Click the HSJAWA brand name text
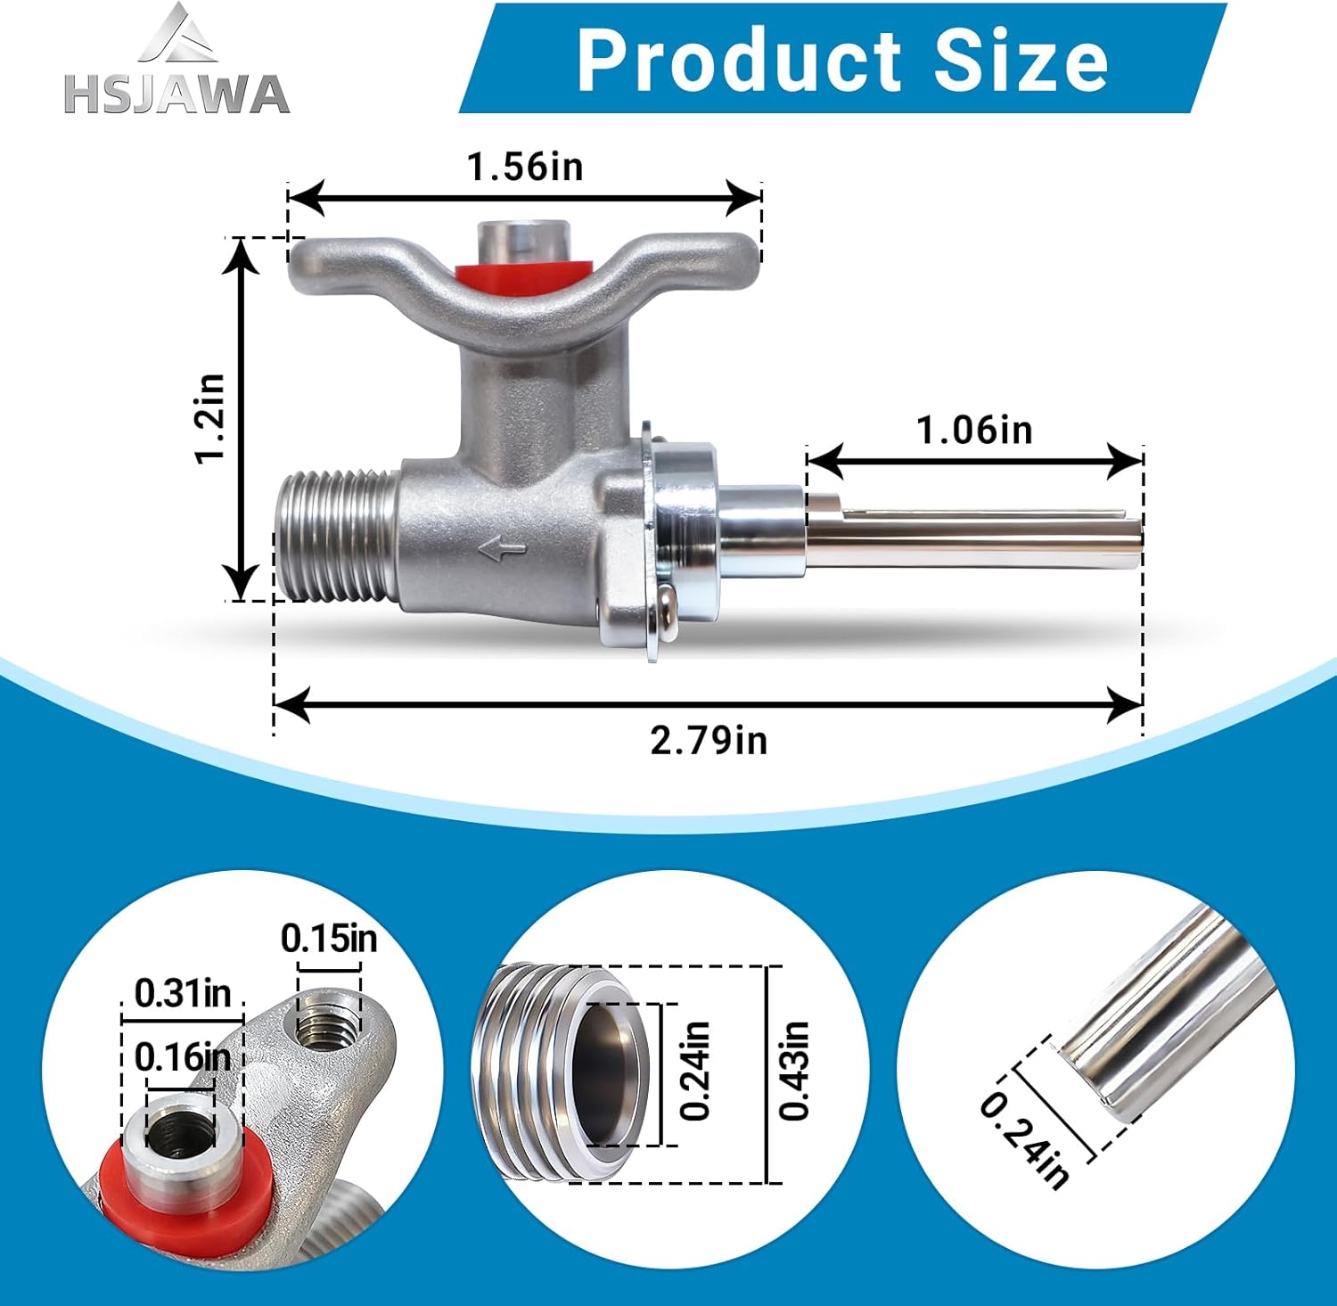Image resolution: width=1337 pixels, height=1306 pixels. (176, 94)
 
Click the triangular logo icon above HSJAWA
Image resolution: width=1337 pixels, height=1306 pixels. (177, 34)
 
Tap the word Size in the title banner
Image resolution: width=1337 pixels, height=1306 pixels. (1021, 60)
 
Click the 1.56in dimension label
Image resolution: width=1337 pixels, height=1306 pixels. (525, 167)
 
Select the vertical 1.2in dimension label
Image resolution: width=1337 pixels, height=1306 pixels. (211, 418)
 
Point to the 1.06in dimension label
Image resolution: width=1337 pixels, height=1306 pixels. (974, 431)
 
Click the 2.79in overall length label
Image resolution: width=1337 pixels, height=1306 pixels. (709, 740)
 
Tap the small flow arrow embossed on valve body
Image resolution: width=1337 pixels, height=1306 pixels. (503, 550)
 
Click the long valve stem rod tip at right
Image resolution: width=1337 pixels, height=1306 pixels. (1132, 540)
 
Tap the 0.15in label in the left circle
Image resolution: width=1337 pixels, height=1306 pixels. (329, 938)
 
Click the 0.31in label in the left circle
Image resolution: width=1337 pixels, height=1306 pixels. (183, 992)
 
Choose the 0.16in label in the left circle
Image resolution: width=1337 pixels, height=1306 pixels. (182, 1057)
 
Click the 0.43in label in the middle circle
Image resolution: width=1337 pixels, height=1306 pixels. (793, 1071)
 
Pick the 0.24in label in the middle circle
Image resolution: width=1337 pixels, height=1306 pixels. (694, 1071)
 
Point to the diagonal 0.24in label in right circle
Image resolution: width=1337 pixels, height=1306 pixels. (1024, 1141)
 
